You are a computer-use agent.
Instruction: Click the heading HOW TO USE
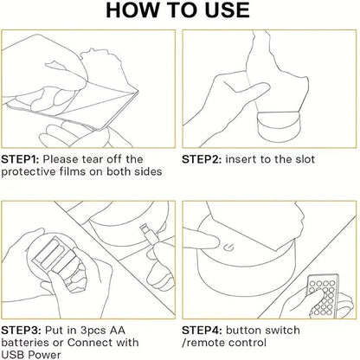(x=177, y=10)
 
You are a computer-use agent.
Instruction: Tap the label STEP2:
(x=202, y=159)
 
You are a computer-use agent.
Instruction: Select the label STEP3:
(x=21, y=331)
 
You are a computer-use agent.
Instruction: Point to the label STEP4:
(x=202, y=331)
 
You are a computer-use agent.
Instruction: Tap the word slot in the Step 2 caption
(x=305, y=159)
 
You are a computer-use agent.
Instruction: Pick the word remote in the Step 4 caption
(x=205, y=343)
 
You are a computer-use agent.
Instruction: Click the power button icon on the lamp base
(x=229, y=247)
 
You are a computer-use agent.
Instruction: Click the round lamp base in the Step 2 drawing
(x=279, y=127)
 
